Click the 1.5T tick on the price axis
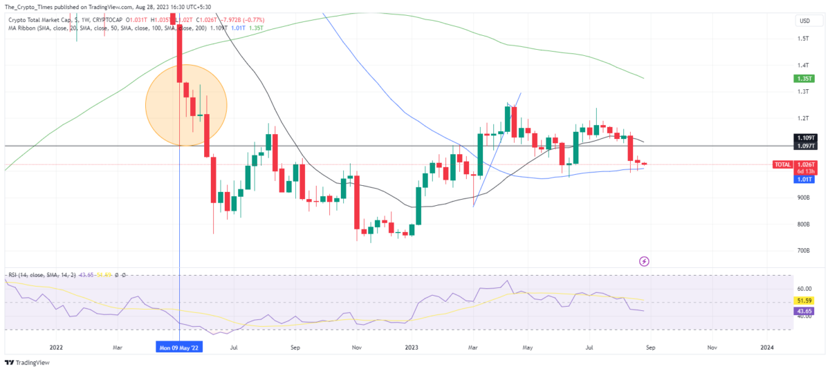click(803, 39)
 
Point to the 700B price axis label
click(804, 251)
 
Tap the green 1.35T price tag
click(803, 79)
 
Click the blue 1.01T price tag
click(802, 179)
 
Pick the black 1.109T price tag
click(803, 138)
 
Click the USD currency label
click(804, 21)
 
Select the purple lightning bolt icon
click(645, 261)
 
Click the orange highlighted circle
click(186, 106)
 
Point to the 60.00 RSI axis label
click(804, 288)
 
